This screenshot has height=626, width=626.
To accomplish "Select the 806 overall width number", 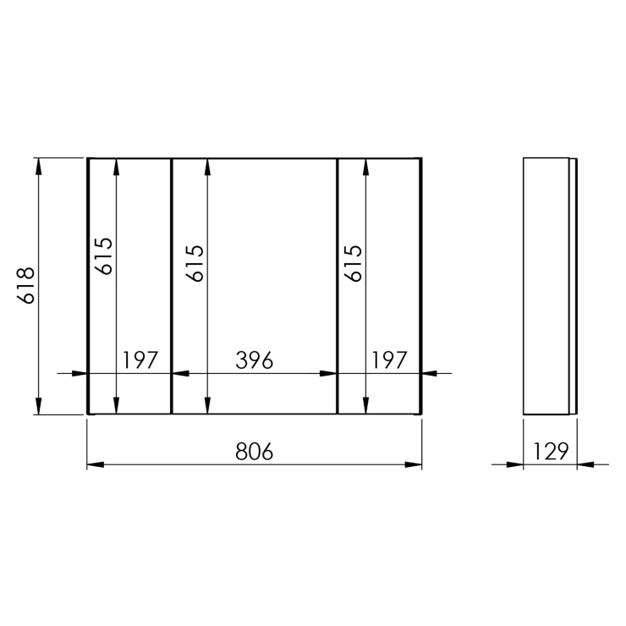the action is [255, 452].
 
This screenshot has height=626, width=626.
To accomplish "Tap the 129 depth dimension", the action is [551, 452].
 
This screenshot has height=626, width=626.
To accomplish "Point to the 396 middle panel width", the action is [255, 360].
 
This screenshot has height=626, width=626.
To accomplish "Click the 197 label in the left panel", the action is [140, 360].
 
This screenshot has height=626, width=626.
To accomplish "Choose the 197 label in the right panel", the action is [389, 360].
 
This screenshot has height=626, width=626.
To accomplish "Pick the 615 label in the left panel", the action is [104, 256].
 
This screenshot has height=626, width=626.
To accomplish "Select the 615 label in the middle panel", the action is [195, 264].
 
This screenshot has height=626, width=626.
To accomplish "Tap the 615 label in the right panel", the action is [353, 264].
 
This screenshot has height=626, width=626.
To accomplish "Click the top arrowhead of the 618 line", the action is [38, 167].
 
